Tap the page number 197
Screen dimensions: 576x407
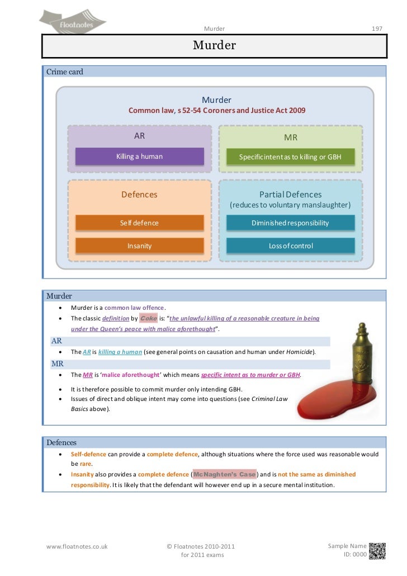377,28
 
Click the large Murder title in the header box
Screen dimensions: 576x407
215,45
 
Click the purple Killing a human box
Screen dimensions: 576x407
140,157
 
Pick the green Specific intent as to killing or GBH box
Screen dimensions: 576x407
290,157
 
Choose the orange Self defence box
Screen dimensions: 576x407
140,223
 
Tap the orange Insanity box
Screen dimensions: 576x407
140,245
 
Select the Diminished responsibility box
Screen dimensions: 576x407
290,223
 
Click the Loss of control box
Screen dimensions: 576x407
290,245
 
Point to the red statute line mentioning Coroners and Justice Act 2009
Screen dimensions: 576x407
217,111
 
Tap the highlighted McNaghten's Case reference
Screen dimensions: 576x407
224,474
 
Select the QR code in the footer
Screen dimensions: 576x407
377,550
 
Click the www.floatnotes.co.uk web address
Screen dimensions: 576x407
77,546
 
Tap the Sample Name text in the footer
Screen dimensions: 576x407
347,546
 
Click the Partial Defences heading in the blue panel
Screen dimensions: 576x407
290,195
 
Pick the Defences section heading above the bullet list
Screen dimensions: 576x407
61,442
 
